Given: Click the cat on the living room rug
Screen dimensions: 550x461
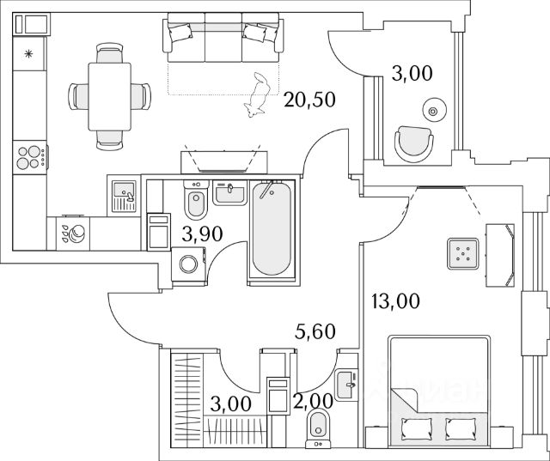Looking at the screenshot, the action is pos(257,96).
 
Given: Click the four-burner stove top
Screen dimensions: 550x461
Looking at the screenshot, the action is pos(30,157).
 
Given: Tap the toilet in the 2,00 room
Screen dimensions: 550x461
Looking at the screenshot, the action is pos(319,423).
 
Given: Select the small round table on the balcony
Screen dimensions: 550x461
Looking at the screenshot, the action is pos(432,109).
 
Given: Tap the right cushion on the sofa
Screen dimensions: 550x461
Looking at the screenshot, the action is pos(254,33).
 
